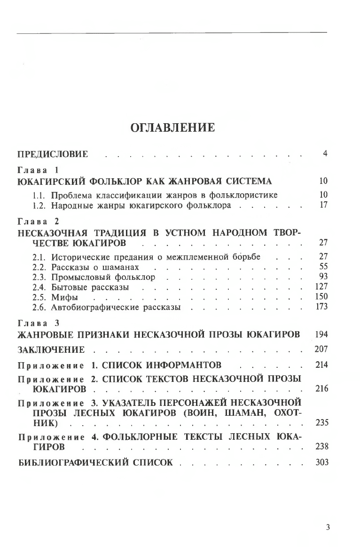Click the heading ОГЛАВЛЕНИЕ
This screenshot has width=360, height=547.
click(172, 128)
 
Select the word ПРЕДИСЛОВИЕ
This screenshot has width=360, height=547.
click(53, 154)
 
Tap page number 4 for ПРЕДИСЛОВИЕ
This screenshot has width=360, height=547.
click(325, 153)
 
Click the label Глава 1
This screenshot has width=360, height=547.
click(37, 170)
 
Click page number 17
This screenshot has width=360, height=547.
click(323, 205)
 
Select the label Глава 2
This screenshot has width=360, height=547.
click(37, 221)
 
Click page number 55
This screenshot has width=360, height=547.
click(323, 267)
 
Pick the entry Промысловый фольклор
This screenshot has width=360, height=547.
click(103, 277)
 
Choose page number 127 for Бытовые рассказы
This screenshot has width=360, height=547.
click(321, 287)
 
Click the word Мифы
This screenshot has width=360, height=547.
click(62, 298)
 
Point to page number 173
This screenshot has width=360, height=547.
click(321, 308)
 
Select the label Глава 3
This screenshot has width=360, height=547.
click(37, 324)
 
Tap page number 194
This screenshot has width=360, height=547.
click(321, 334)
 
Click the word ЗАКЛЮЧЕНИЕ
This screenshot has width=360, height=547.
click(51, 349)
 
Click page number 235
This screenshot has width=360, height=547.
click(322, 423)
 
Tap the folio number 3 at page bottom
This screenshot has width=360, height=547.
click(328, 527)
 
